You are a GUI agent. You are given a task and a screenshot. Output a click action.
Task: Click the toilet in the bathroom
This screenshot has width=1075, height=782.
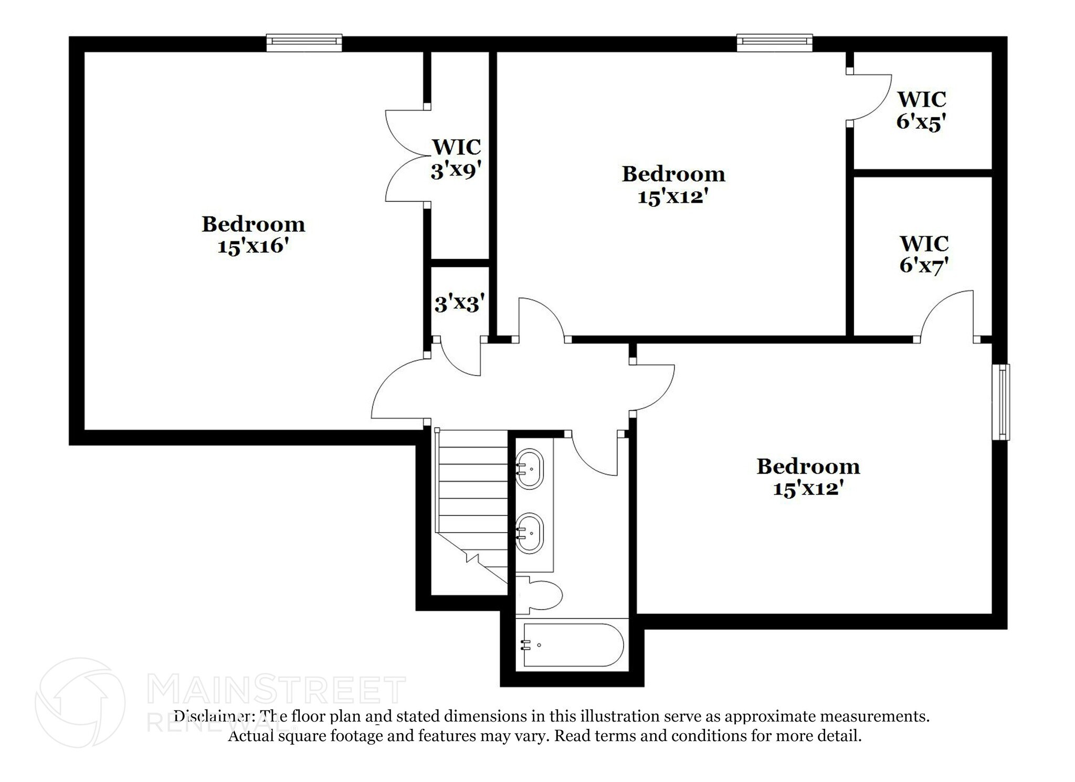[x=539, y=595]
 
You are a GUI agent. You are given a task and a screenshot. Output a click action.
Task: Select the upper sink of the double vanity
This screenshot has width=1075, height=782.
[x=530, y=469]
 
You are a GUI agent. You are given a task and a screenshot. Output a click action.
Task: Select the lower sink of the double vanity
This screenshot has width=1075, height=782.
[x=530, y=533]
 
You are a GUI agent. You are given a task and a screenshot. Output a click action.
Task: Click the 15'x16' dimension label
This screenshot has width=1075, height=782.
[x=254, y=246]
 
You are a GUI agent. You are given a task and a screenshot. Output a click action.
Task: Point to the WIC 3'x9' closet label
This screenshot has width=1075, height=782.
[x=456, y=159]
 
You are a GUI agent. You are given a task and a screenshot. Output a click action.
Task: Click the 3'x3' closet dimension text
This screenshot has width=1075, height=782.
[x=459, y=304]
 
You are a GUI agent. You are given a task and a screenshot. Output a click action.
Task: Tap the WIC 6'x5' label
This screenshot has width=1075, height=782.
[x=921, y=110]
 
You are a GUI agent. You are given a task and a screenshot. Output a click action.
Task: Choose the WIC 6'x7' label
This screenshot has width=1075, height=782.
[x=924, y=255]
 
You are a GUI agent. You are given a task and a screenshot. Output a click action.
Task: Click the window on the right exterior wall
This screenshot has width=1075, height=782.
[x=1001, y=402]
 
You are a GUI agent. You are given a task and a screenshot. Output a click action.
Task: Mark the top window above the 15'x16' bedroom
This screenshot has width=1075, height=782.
[x=304, y=43]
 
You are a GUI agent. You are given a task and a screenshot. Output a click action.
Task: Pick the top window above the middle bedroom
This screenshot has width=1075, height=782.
[x=775, y=43]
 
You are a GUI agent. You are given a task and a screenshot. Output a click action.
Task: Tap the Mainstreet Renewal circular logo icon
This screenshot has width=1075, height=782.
[x=80, y=703]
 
